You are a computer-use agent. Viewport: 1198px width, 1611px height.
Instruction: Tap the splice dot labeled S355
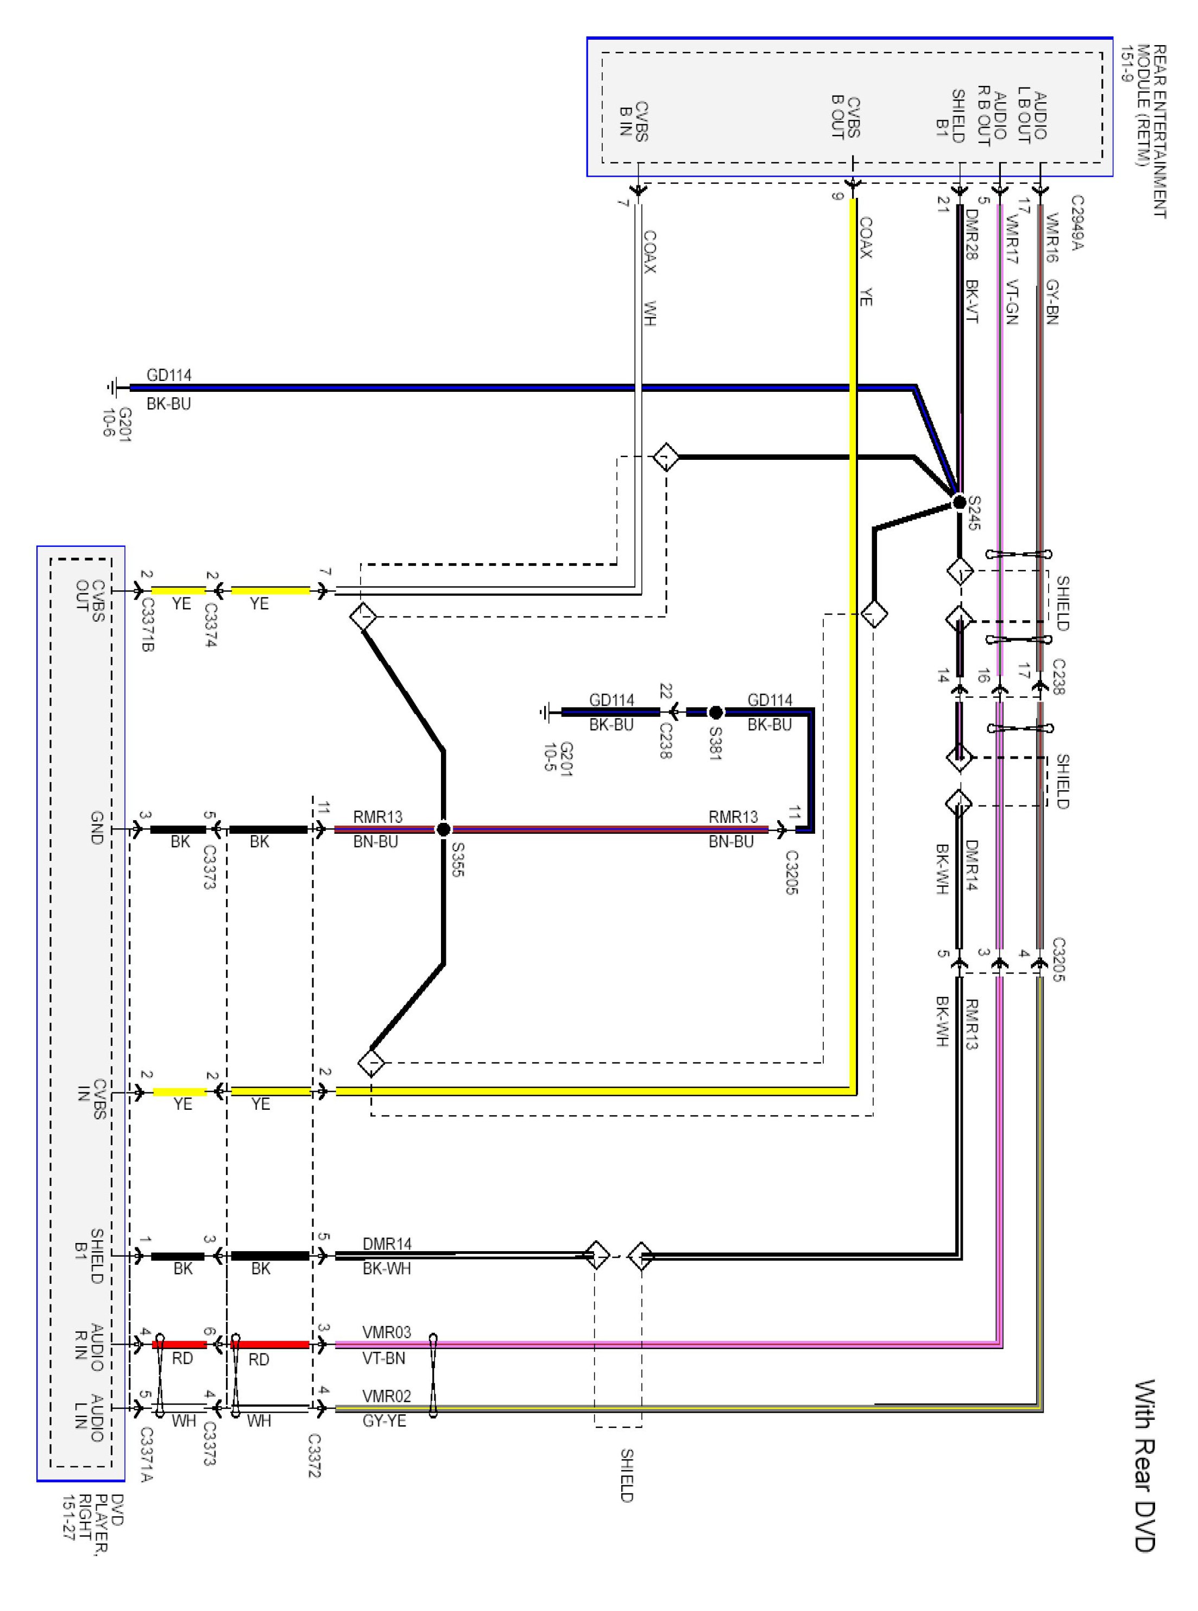443,829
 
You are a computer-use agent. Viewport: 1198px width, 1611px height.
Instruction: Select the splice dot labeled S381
716,712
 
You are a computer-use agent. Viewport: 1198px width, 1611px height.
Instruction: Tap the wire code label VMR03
387,1332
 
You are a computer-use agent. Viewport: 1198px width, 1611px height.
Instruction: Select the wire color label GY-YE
384,1420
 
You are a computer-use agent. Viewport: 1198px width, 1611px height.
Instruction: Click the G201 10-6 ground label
117,424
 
